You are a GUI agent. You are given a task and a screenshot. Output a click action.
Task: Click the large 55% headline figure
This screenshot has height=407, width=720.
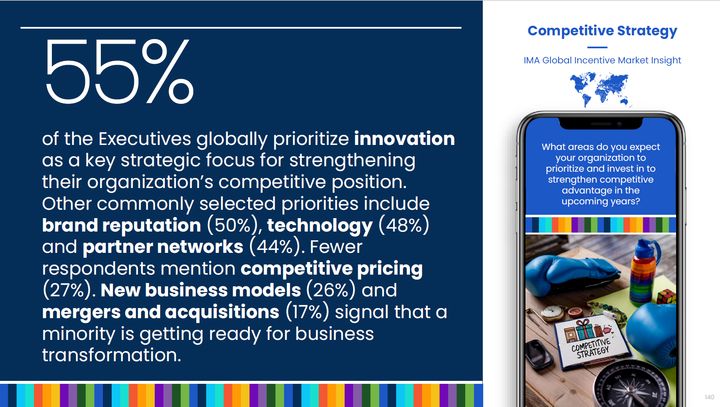pos(119,71)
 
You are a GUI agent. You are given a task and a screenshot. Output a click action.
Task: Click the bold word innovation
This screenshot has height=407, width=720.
pos(405,139)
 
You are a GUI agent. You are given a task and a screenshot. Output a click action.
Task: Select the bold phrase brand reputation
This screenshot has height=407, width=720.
pos(122,226)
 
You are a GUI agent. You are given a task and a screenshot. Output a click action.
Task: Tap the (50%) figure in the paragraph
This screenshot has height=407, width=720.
pos(234,226)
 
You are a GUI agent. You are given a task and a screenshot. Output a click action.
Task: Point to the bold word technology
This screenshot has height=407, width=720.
pos(320,226)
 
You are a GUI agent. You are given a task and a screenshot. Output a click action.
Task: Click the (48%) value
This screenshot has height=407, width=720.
pos(404,225)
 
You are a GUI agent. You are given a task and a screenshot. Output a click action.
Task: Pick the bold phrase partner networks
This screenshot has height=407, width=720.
pos(163,247)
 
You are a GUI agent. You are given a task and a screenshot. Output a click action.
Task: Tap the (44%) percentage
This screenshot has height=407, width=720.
pos(276,247)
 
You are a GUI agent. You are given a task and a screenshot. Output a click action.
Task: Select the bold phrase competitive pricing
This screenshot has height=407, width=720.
pos(332,269)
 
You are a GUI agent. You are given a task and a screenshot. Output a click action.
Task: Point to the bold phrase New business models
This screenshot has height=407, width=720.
pos(201,290)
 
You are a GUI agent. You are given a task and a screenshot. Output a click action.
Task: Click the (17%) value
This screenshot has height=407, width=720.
pos(307,312)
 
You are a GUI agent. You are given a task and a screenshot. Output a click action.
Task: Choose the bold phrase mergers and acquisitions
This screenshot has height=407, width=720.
pos(161,312)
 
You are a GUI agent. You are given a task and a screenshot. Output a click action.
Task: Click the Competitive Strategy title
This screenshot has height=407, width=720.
pos(602,31)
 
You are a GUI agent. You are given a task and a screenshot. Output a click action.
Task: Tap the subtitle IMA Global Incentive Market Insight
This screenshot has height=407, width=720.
pos(602,60)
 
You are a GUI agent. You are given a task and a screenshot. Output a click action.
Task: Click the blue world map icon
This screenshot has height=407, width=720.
pos(600,89)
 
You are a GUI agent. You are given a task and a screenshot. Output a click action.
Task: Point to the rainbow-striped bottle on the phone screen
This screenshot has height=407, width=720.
pos(645,272)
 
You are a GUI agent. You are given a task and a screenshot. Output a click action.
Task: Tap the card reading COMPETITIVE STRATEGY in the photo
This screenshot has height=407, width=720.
pos(586,342)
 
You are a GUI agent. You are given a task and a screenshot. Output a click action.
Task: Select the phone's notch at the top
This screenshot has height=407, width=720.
pos(601,124)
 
